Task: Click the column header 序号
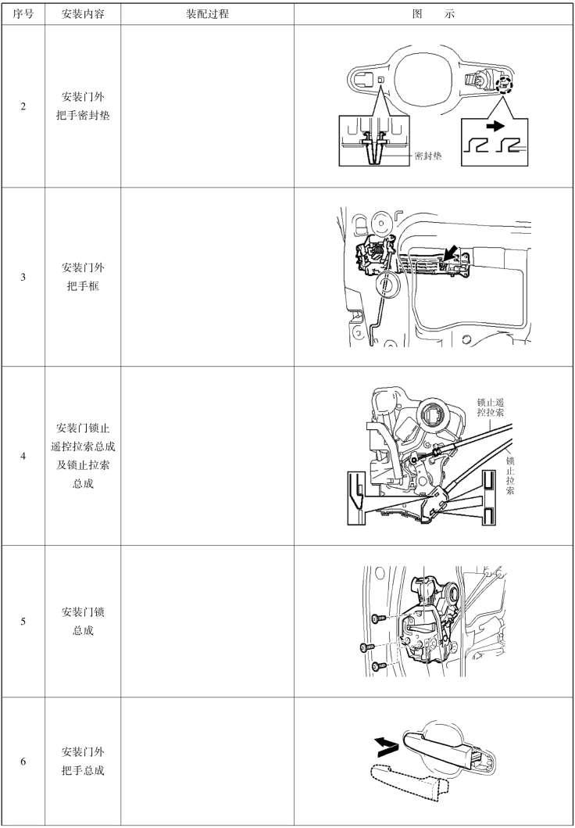[x=23, y=14]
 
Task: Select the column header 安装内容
[x=83, y=14]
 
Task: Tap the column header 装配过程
[x=207, y=14]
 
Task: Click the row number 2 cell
[x=23, y=106]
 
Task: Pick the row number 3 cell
[x=23, y=278]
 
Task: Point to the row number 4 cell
[x=23, y=456]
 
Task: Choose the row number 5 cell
[x=23, y=622]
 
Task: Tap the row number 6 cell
[x=23, y=762]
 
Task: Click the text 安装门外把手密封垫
[x=83, y=106]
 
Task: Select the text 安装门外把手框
[x=83, y=277]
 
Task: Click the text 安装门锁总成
[x=83, y=621]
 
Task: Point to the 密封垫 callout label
[x=428, y=156]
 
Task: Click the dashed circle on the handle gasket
[x=505, y=84]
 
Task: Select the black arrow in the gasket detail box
[x=495, y=126]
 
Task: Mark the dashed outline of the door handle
[x=409, y=779]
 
